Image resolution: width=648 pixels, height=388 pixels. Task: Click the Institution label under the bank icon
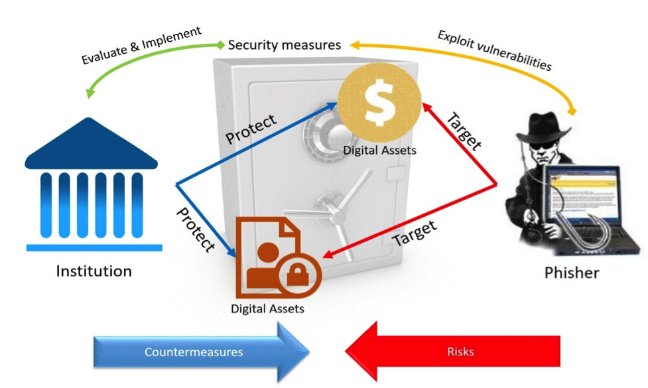[94, 271]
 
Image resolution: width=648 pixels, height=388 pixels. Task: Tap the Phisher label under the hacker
[571, 273]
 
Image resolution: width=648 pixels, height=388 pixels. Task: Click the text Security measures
[284, 45]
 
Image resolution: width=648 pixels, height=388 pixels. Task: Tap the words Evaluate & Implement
[141, 46]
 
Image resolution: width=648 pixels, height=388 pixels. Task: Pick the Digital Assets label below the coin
[379, 150]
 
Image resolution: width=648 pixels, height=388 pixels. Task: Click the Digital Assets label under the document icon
[267, 308]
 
